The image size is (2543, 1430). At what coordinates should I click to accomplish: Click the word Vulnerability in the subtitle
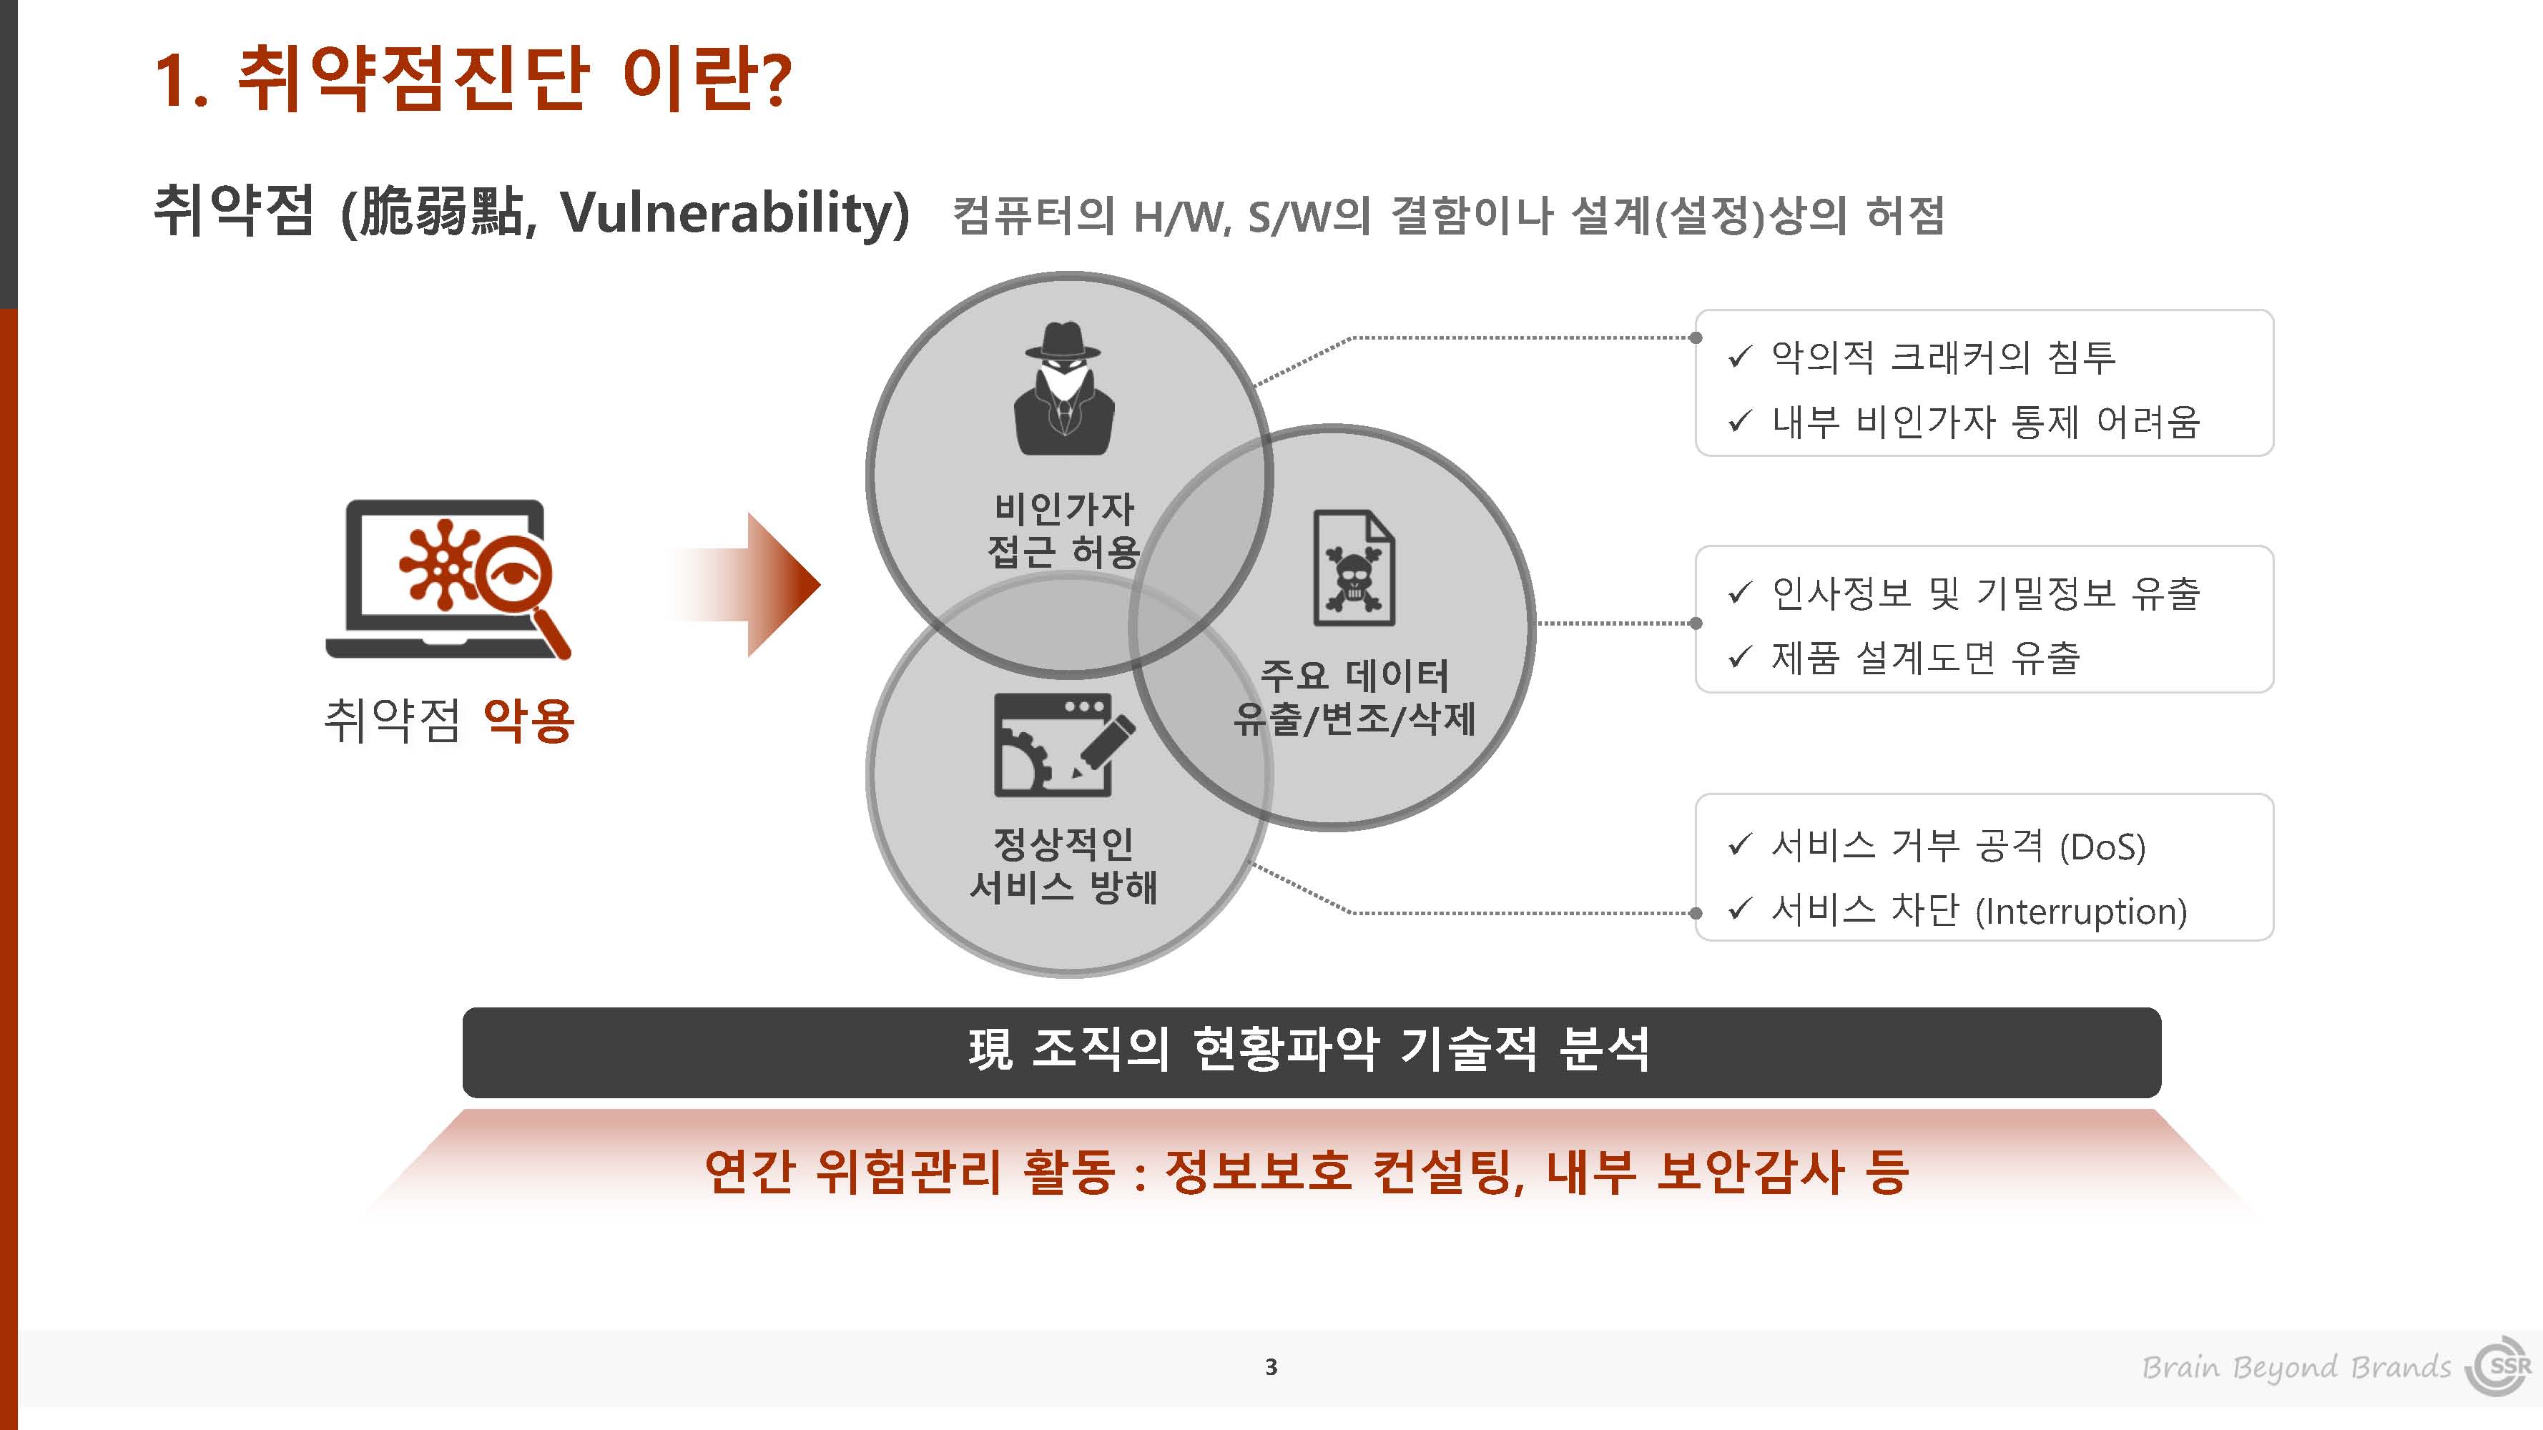click(x=734, y=213)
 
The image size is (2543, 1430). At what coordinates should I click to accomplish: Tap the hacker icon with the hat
click(x=1063, y=388)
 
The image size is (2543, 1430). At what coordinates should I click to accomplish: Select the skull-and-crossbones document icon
click(x=1354, y=568)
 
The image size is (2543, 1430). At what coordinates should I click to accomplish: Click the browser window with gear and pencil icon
click(x=1064, y=744)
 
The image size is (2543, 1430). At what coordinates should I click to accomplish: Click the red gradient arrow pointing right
click(x=745, y=584)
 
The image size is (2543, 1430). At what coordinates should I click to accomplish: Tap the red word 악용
click(x=529, y=719)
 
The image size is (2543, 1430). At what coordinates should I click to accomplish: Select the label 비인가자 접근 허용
click(x=1064, y=530)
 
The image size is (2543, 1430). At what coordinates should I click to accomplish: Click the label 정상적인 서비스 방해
click(x=1063, y=864)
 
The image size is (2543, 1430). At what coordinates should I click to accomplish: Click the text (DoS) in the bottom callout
click(x=2102, y=847)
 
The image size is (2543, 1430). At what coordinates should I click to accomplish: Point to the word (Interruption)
click(x=2081, y=911)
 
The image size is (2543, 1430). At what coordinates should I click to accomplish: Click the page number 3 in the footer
click(x=1271, y=1367)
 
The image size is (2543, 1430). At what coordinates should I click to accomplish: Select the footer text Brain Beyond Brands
click(x=2296, y=1368)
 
